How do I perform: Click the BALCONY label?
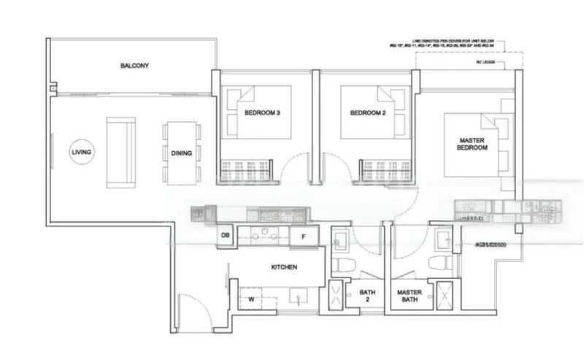134,66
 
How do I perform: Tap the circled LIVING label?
79,152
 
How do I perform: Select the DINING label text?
182,153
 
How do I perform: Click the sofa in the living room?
120,153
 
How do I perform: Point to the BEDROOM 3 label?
263,112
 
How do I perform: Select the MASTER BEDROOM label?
473,143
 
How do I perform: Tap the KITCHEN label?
283,268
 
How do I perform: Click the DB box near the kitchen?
226,236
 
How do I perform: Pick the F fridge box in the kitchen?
302,236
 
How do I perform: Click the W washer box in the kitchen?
251,298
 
